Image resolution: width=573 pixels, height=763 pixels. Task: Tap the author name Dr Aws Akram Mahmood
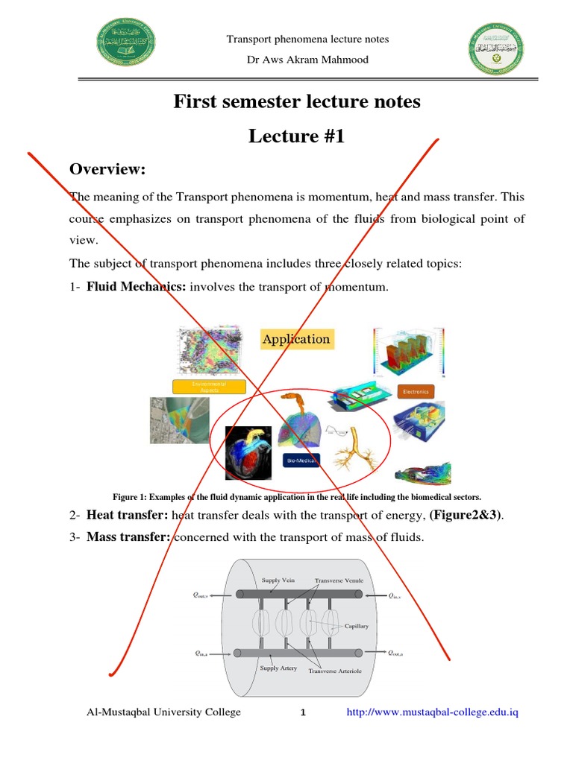click(x=307, y=60)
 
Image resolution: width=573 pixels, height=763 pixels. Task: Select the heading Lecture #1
click(x=297, y=136)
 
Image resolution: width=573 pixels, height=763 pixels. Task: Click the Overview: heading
click(x=107, y=170)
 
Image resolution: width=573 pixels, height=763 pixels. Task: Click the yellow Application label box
click(x=295, y=339)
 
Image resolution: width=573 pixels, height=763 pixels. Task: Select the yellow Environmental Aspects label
click(x=209, y=386)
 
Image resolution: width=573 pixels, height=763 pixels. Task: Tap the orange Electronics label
click(x=416, y=391)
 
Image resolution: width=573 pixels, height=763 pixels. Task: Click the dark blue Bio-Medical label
click(x=301, y=461)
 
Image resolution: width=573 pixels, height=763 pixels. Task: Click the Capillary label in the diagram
click(x=355, y=627)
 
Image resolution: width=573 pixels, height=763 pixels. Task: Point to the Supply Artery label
click(x=278, y=668)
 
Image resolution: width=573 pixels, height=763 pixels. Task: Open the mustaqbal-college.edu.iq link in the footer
click(x=432, y=712)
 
